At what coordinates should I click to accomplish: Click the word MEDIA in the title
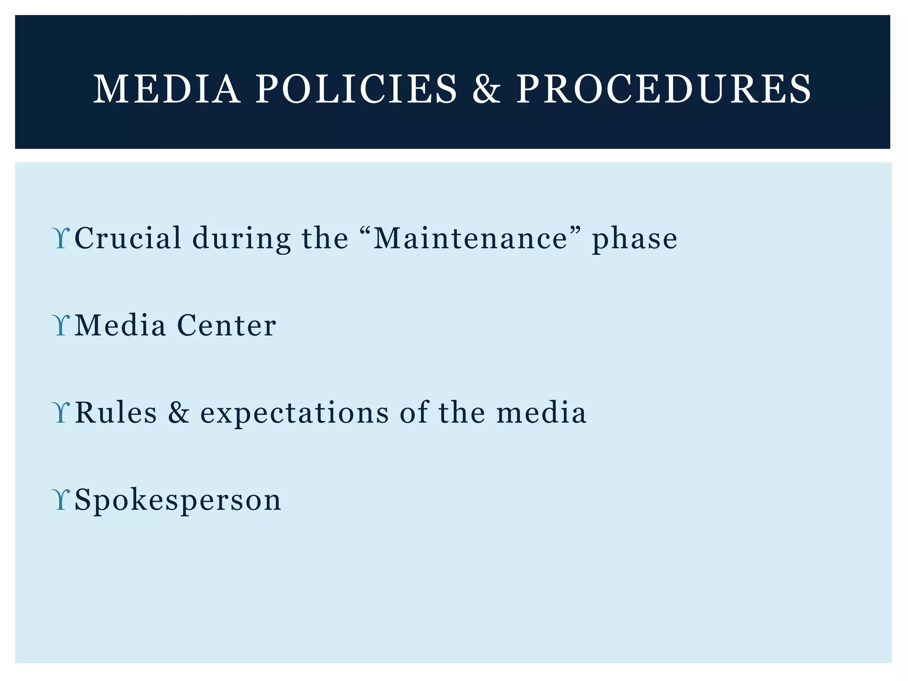click(167, 89)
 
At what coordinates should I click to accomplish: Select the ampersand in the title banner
click(486, 89)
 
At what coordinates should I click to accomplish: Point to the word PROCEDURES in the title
click(664, 89)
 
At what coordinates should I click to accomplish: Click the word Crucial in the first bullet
click(128, 238)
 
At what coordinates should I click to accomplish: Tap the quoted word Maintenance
click(471, 238)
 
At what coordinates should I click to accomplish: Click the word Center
click(227, 325)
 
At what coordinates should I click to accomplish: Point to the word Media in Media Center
click(120, 325)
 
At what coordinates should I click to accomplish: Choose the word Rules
click(116, 413)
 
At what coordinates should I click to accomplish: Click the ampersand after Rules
click(179, 413)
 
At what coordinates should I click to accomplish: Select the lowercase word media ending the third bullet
click(541, 413)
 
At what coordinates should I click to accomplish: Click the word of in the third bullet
click(414, 413)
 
